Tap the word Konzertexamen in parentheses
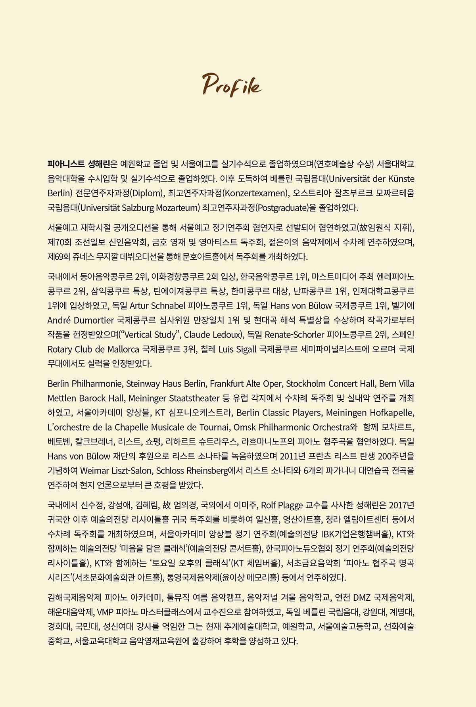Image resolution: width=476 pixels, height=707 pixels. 254,193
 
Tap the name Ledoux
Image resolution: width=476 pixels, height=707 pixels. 225,335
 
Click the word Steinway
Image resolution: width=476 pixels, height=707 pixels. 144,384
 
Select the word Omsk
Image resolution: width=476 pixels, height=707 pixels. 243,427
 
